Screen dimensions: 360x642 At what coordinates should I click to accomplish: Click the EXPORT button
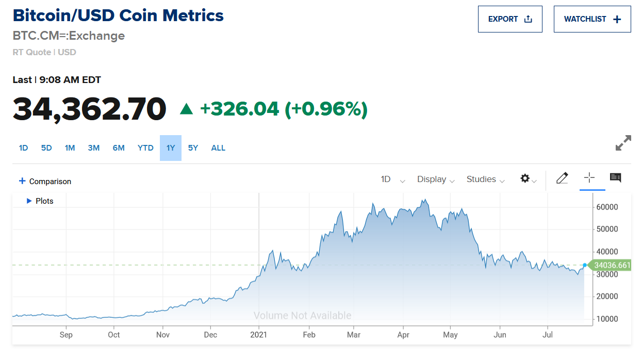coord(509,19)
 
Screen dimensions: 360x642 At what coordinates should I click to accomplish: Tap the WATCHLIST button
coord(592,19)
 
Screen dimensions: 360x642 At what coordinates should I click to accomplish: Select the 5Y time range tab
coord(193,148)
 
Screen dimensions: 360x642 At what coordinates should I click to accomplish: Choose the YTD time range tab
coord(145,148)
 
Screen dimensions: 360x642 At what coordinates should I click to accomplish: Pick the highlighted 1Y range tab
coord(171,148)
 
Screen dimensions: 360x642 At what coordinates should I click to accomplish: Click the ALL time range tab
coord(218,148)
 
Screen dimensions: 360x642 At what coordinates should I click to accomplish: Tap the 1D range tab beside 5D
coord(23,148)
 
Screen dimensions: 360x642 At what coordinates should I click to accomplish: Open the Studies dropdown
coord(486,179)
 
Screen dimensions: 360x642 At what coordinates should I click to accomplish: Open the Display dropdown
coord(436,179)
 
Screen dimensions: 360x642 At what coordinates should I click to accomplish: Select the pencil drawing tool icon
coord(562,178)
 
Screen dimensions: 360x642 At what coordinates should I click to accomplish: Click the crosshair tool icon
coord(589,178)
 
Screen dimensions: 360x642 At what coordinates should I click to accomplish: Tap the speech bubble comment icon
coord(615,178)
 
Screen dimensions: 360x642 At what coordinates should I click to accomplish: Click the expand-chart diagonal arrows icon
coord(623,143)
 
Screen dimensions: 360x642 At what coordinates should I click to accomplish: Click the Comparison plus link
coord(45,182)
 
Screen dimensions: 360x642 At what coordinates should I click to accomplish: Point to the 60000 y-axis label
coord(607,207)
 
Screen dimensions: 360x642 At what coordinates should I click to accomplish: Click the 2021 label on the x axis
coord(258,335)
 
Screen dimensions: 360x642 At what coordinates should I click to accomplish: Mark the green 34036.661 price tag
coord(612,266)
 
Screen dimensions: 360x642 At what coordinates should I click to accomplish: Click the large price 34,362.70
coord(90,109)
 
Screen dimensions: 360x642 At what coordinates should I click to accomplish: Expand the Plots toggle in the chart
coord(40,201)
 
